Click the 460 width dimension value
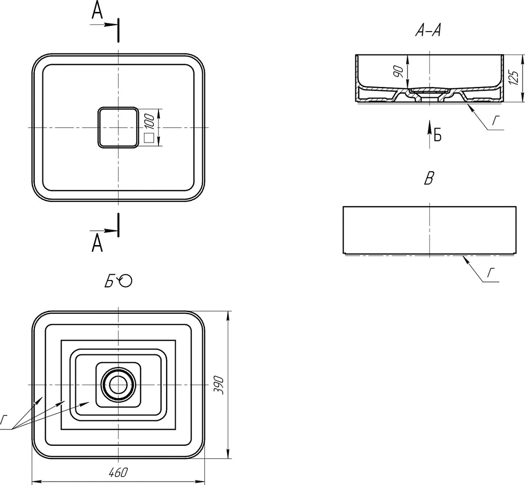click(118, 472)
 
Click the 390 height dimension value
click(218, 385)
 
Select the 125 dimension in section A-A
click(513, 77)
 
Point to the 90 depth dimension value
click(399, 72)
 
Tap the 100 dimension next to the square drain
click(150, 122)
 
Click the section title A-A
click(428, 31)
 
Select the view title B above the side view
click(429, 178)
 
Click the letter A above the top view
click(97, 11)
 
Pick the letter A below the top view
click(97, 243)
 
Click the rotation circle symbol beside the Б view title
click(126, 281)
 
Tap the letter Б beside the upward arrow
click(438, 135)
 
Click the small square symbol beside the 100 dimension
click(148, 138)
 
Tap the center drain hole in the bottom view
click(118, 385)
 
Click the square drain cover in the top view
click(118, 128)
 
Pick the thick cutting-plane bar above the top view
click(118, 31)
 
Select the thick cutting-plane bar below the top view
click(118, 225)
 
